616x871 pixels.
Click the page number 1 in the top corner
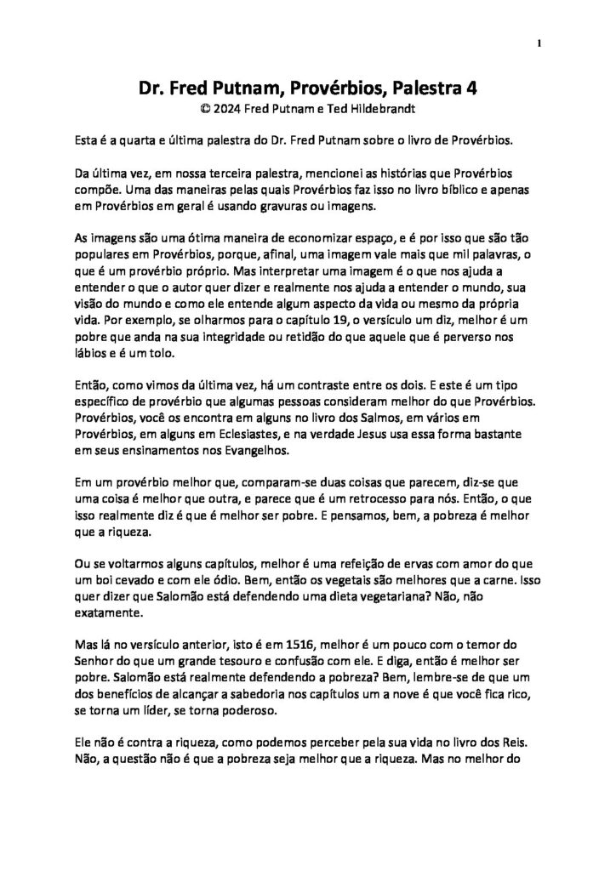(539, 43)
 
